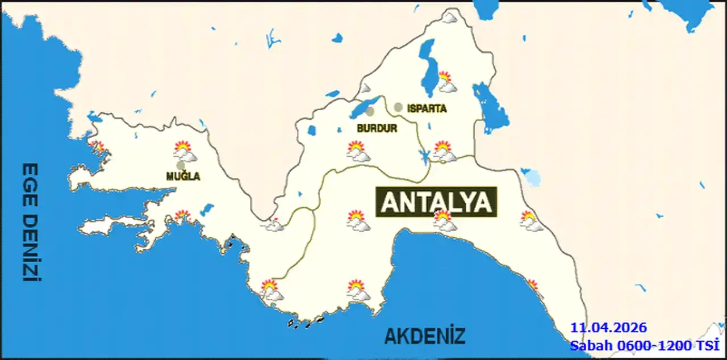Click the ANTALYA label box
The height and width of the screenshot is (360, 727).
tap(436, 202)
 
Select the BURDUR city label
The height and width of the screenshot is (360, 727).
tap(377, 129)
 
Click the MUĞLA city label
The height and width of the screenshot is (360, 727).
tap(183, 177)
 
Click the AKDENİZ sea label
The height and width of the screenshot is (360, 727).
tap(425, 336)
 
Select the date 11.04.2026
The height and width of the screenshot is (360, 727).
tap(608, 328)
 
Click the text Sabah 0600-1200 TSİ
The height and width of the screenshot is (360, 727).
tap(645, 345)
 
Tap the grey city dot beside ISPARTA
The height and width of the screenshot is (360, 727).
tap(398, 107)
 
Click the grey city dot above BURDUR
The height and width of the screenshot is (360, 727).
tap(370, 112)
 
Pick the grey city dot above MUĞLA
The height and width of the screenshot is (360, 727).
tap(181, 165)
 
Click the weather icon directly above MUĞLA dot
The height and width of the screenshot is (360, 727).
tap(185, 152)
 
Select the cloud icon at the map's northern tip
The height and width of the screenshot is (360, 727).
tap(449, 18)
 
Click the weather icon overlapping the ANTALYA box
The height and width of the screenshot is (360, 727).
tap(444, 221)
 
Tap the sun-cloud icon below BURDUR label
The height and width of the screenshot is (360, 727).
tap(358, 152)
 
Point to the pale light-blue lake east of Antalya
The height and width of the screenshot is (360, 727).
tap(532, 178)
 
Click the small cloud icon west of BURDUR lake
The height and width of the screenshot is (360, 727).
tap(365, 89)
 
